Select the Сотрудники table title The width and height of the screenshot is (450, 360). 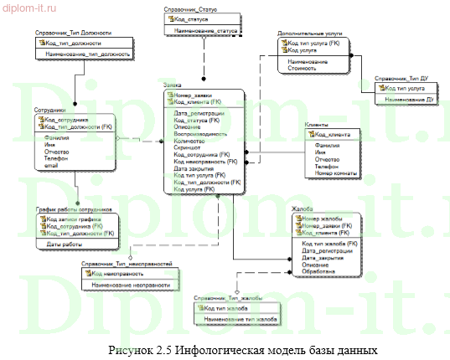click(x=49, y=111)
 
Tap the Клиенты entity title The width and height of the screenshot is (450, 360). click(x=318, y=125)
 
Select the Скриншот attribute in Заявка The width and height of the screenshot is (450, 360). click(x=189, y=147)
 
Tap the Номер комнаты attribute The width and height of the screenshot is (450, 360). click(x=334, y=173)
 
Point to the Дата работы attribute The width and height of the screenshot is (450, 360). click(x=64, y=244)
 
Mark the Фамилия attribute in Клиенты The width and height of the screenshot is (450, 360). click(x=328, y=145)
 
